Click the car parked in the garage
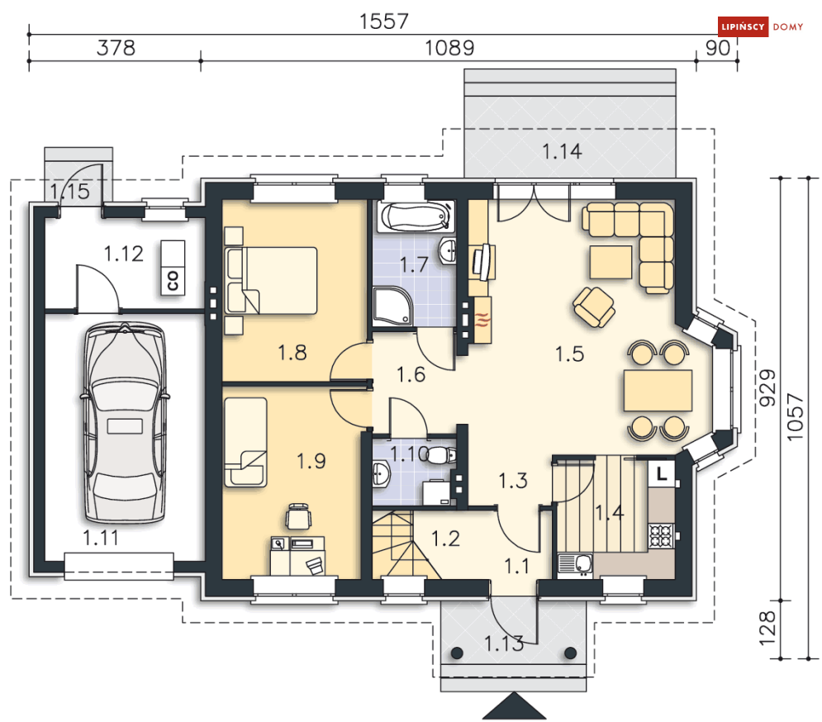pos(124,423)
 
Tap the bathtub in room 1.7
pos(416,216)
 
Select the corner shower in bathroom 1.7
pos(393,306)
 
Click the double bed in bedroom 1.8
pos(271,281)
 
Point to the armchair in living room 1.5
pos(593,307)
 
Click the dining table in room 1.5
pos(658,390)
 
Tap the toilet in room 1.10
pos(441,455)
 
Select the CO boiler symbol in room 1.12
pos(173,268)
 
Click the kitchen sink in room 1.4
pos(575,565)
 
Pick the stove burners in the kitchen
pos(662,535)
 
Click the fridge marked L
pos(662,473)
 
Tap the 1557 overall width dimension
pos(383,21)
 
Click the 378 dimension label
pos(116,48)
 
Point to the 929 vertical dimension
pos(767,387)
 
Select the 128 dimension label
pos(767,628)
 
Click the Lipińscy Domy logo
pos(760,26)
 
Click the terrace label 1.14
pos(562,151)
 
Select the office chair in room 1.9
pos(297,516)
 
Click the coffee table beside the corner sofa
pos(611,262)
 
